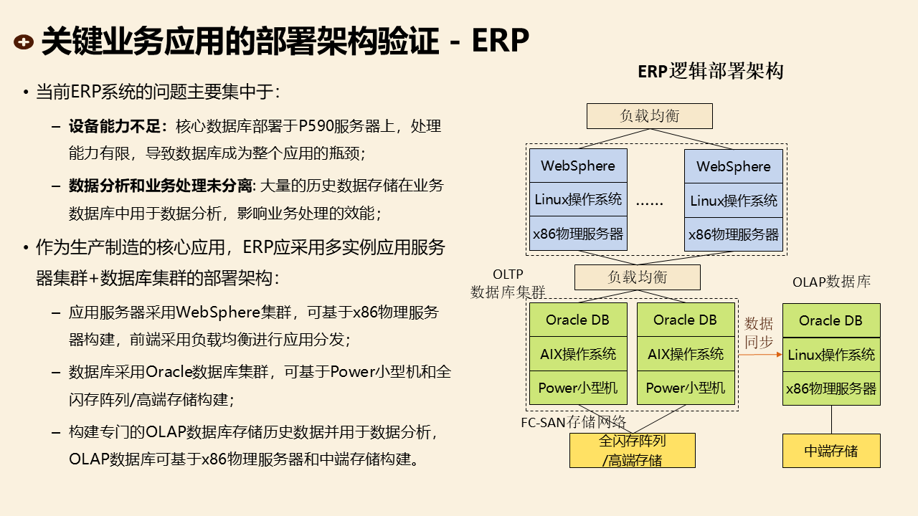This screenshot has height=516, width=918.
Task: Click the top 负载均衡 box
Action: [649, 116]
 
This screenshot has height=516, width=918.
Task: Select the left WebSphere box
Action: [578, 166]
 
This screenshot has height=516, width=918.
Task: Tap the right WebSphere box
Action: [734, 166]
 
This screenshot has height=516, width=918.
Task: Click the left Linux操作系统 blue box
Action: [578, 200]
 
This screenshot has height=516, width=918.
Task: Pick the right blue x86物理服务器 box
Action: [734, 234]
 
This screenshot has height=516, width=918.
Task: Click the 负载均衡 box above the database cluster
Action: [637, 277]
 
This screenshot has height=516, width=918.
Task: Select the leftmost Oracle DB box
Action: [578, 320]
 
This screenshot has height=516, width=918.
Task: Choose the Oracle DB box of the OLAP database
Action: [831, 320]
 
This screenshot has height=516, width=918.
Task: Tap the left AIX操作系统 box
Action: [578, 354]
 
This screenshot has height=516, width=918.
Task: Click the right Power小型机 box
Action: [686, 388]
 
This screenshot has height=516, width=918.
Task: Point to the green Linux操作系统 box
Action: [831, 355]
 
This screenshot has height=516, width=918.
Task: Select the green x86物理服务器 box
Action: [831, 388]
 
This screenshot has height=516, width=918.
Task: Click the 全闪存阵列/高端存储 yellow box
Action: [633, 451]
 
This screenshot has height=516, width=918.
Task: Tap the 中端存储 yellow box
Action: [831, 451]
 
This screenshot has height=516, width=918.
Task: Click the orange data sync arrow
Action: [760, 354]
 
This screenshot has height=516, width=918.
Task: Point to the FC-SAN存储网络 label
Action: [573, 421]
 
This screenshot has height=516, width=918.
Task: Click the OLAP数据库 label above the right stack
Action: [831, 282]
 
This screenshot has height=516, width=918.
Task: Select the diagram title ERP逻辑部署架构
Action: [710, 72]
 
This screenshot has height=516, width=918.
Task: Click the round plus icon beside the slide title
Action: [24, 42]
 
